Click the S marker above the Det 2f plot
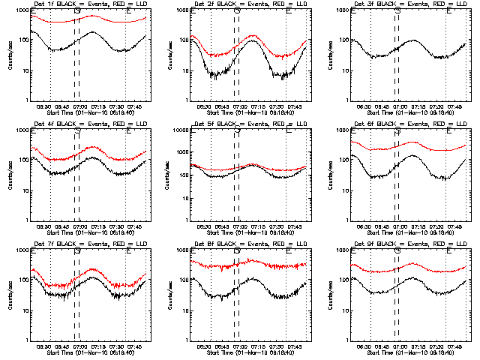[237, 12]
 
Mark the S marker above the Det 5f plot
[237, 132]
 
